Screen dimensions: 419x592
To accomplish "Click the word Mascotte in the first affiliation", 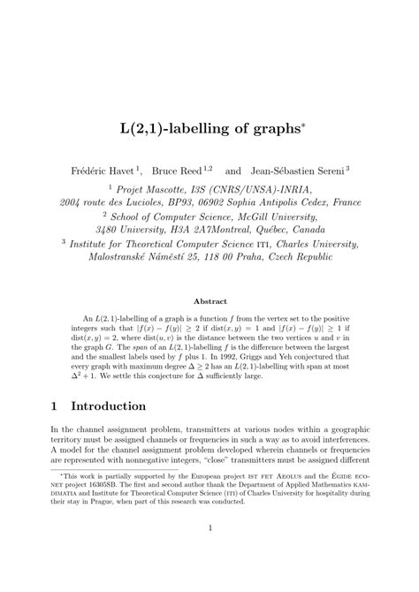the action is (x=164, y=188).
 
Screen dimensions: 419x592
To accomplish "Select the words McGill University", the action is (x=263, y=216).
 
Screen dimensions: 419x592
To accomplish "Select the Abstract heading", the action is (x=209, y=301).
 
